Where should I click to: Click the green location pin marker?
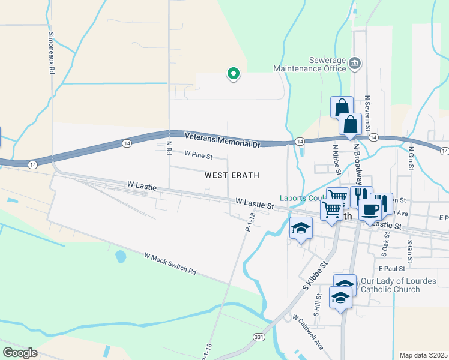click(x=233, y=74)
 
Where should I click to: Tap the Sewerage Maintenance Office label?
click(x=310, y=64)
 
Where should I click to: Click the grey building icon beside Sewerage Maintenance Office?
click(x=355, y=64)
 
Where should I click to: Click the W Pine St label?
click(x=198, y=155)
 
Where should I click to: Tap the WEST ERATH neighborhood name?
click(x=232, y=175)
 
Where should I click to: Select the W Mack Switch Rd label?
click(x=170, y=263)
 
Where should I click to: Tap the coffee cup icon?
click(x=370, y=211)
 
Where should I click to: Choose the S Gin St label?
click(x=410, y=251)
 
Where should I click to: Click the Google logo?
click(x=20, y=352)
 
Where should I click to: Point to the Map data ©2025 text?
click(x=423, y=355)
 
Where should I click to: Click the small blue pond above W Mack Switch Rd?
click(x=121, y=257)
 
